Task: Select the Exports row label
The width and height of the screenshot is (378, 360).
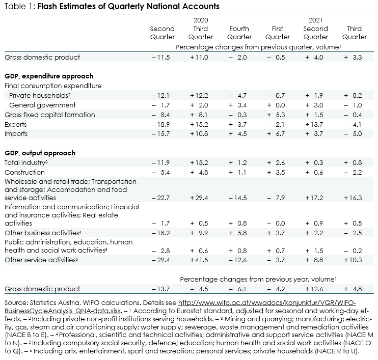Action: pos(16,124)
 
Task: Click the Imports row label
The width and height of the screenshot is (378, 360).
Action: pos(16,134)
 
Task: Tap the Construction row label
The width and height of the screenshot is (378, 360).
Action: pos(24,172)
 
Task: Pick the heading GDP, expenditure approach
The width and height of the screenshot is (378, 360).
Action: pos(49,76)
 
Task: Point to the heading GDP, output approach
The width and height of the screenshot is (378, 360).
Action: pos(40,153)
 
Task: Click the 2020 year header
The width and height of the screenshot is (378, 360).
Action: pos(201,20)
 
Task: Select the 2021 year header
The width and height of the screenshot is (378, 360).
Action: pos(315,20)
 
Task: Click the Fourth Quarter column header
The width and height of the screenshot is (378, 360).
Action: pos(239,33)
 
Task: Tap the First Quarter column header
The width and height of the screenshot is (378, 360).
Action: pos(278,33)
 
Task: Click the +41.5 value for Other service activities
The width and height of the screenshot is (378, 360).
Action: pos(199,260)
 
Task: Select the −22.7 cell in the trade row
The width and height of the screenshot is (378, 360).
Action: pos(161,198)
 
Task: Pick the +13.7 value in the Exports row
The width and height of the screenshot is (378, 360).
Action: pos(314,125)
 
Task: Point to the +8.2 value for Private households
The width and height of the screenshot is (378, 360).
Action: pos(353,96)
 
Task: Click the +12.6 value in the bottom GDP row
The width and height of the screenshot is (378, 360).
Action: pos(314,289)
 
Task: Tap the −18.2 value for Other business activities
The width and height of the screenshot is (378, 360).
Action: pos(161,233)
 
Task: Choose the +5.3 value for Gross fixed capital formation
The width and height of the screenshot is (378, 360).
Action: pos(276,115)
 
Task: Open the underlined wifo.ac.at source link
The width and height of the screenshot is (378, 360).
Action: pos(180,307)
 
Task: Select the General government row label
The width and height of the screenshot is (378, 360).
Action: pos(42,105)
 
